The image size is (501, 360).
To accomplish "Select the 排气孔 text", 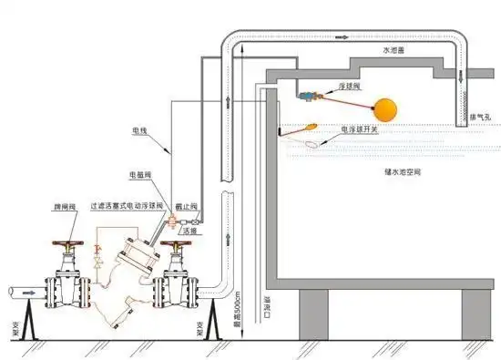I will (480, 117).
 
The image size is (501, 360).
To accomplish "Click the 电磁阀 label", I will (141, 174).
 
